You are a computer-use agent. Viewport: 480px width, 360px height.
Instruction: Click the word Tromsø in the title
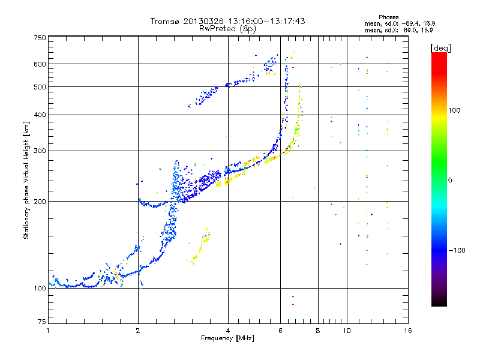point(166,21)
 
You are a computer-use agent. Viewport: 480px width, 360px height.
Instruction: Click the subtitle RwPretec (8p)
point(227,29)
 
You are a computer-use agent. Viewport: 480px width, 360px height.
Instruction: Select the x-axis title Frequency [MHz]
point(227,338)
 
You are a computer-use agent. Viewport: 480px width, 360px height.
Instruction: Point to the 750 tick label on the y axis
point(40,38)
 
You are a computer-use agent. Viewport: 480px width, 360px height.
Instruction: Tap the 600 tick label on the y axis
point(40,64)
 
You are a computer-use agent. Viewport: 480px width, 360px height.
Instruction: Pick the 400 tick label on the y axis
point(40,115)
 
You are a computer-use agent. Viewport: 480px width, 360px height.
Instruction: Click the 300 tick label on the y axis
point(40,151)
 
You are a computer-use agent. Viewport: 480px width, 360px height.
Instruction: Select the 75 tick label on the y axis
point(42,322)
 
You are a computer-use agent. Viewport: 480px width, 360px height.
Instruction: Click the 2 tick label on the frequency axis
point(138,331)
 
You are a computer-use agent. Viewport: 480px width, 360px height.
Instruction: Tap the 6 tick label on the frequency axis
point(280,331)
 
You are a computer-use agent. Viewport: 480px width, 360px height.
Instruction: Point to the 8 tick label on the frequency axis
point(318,331)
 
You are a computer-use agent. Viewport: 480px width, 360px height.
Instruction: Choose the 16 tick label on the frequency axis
point(408,331)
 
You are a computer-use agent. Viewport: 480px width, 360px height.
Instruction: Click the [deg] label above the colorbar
point(441,48)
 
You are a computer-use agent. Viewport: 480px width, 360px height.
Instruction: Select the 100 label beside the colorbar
point(454,110)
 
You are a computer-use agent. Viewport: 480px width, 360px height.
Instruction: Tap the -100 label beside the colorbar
point(457,250)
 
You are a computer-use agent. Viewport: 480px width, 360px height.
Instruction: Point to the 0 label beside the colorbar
point(450,181)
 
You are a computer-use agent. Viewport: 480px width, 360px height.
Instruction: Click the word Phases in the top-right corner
point(389,17)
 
